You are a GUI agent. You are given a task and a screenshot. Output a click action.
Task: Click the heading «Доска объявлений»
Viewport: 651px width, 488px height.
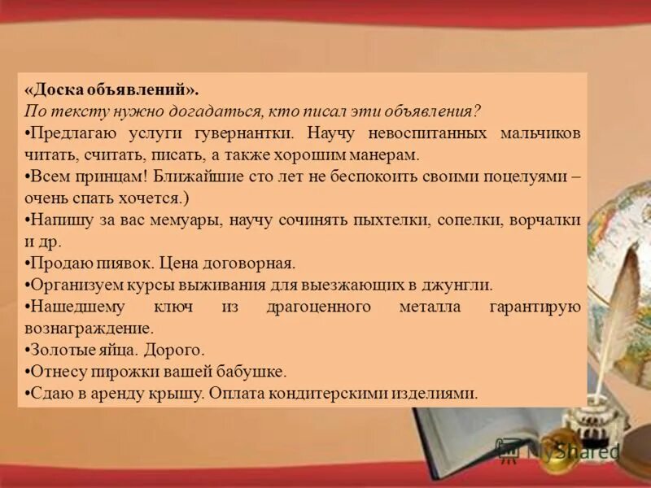111,89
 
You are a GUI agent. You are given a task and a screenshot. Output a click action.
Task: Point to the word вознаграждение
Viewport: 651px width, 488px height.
90,329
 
